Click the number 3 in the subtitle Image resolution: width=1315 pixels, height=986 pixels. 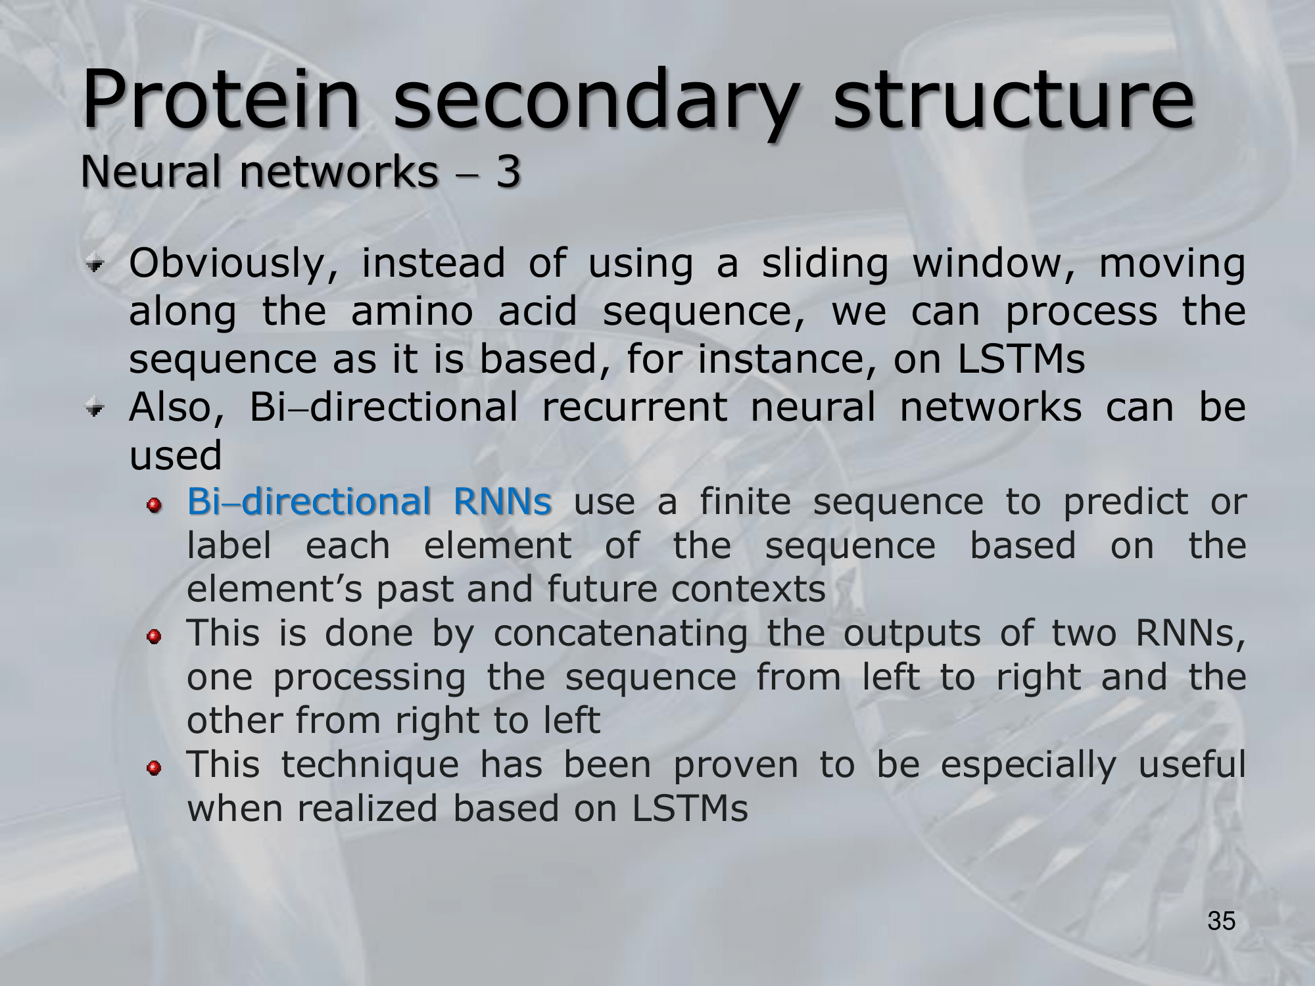[x=508, y=172]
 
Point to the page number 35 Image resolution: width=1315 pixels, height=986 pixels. [x=1222, y=921]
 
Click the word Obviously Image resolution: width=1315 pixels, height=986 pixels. [x=233, y=264]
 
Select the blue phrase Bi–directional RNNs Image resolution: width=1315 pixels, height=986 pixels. [x=369, y=502]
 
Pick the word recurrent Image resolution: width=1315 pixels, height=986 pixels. [x=634, y=407]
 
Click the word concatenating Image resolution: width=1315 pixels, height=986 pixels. [x=621, y=635]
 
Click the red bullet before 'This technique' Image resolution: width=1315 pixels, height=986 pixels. [x=155, y=768]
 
